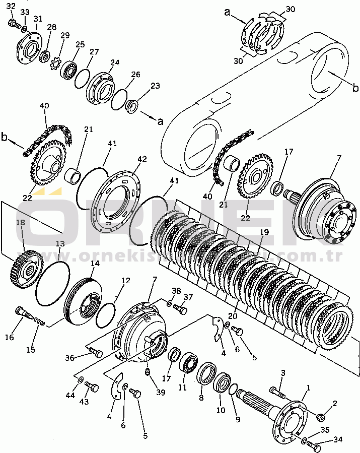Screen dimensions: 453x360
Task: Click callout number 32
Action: click(11, 6)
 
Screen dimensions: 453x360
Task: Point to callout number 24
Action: click(115, 63)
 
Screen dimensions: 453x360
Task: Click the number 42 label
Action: click(142, 159)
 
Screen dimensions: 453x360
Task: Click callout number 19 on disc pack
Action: click(263, 233)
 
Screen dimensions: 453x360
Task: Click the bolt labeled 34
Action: click(314, 445)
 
